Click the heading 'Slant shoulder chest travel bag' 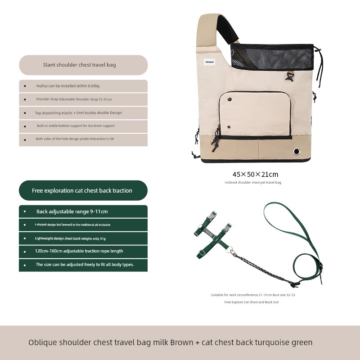point(80,65)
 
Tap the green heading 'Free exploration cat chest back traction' point(82,190)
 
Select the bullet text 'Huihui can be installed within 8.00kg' point(68,86)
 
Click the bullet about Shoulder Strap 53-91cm point(74,99)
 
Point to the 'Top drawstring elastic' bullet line point(78,113)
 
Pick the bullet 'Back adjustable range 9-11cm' point(72,211)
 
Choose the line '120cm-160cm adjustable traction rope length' point(79,251)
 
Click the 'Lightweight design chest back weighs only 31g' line point(70,238)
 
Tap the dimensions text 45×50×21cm point(255,175)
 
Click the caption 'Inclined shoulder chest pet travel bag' point(253,183)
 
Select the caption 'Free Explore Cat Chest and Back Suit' point(252,302)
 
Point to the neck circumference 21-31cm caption point(253,295)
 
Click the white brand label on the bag point(209,62)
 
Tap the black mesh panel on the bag point(272,57)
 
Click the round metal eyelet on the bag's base point(296,151)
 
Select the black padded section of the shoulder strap point(227,29)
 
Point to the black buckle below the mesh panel point(289,76)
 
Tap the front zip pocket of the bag point(255,115)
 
